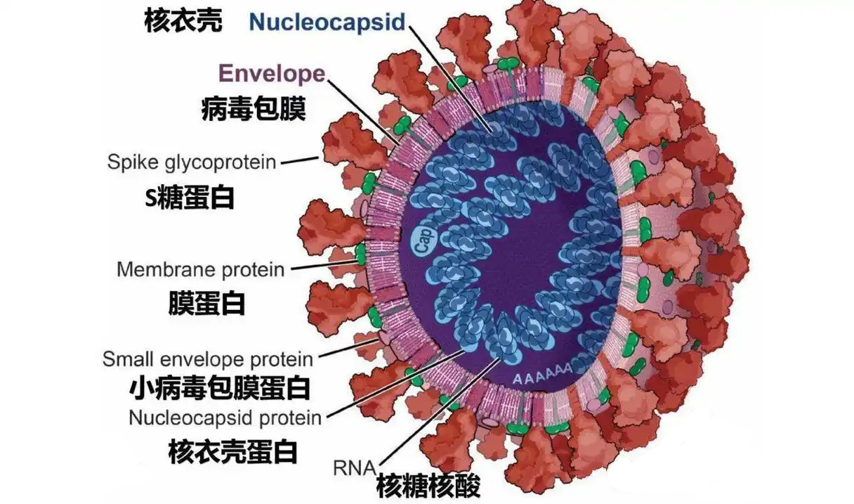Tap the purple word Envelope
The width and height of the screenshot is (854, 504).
point(272,73)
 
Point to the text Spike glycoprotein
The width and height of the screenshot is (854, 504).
point(192,162)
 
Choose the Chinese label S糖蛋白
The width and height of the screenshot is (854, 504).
point(189,198)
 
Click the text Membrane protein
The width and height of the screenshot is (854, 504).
point(200,269)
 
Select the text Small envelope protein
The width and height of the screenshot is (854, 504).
point(208,359)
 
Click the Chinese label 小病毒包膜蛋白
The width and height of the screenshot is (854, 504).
point(220,387)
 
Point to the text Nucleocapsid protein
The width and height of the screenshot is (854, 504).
point(225,418)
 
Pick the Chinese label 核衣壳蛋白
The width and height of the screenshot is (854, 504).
point(232,451)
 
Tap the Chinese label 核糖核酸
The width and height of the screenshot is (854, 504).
point(428,485)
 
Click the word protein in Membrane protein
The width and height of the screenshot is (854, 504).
point(249,269)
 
